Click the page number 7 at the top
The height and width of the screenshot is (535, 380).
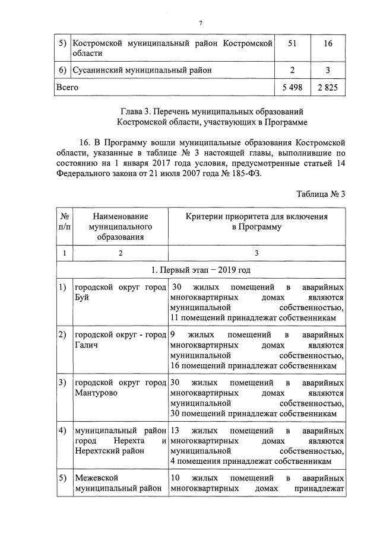click(200, 23)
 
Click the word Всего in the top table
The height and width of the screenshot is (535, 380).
click(67, 87)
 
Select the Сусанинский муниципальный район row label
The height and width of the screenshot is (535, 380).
click(142, 71)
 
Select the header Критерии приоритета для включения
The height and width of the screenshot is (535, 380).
click(256, 216)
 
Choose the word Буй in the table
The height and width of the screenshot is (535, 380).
click(82, 298)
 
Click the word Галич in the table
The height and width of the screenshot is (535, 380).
click(87, 346)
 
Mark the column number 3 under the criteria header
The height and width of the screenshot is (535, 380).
click(256, 253)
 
